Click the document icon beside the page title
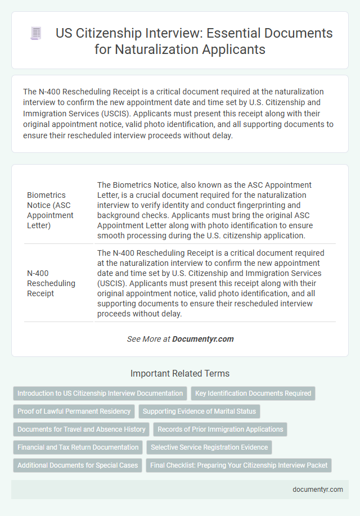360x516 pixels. pos(35,34)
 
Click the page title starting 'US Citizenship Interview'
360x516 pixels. pos(194,42)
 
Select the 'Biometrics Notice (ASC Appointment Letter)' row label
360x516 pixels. pos(50,209)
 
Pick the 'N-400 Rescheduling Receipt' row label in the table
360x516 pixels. pos(51,283)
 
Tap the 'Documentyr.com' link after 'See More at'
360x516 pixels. pos(202,339)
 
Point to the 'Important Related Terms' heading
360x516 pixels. pos(180,373)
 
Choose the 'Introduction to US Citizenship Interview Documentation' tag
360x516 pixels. pos(100,393)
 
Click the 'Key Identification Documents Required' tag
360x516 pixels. pos(253,393)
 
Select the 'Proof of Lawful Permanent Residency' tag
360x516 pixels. pos(74,411)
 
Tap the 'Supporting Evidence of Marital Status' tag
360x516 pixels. pos(199,411)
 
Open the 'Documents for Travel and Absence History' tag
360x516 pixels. pos(82,429)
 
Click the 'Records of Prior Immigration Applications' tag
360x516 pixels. pos(220,429)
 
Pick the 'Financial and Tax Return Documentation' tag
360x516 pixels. pos(78,447)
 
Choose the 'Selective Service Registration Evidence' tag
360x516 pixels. pos(209,447)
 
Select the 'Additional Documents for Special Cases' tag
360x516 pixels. pos(78,465)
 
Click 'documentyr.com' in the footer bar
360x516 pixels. pos(318,490)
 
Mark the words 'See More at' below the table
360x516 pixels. pos(148,339)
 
